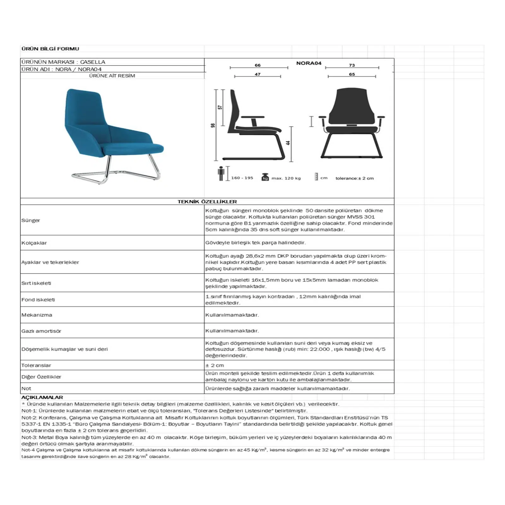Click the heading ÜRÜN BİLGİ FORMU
[x=50, y=49]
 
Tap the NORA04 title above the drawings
[x=309, y=63]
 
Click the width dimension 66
[x=258, y=65]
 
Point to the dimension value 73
[x=352, y=65]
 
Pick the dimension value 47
[x=258, y=74]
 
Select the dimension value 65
[x=352, y=74]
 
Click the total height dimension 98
[x=213, y=125]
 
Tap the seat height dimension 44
[x=288, y=143]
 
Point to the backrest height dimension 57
[x=220, y=107]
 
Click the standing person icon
[x=221, y=173]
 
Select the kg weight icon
[x=265, y=177]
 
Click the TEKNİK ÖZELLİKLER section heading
[x=207, y=202]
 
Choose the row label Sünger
[x=31, y=220]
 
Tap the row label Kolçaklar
[x=34, y=243]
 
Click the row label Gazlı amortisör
[x=41, y=331]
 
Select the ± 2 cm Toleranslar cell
[x=215, y=365]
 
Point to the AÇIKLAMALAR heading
[x=42, y=397]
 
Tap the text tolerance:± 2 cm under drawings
[x=354, y=178]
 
